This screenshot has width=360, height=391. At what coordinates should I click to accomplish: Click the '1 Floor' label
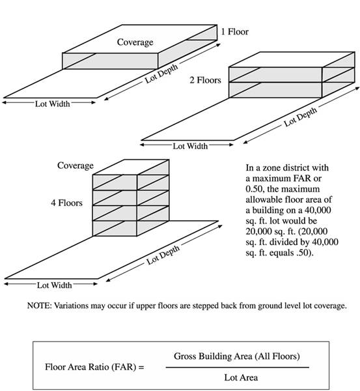(235, 32)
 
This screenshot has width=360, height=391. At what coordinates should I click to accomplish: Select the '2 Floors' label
(205, 80)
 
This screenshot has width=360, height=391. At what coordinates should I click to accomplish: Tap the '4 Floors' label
(66, 203)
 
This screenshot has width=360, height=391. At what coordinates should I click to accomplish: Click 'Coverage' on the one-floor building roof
(135, 42)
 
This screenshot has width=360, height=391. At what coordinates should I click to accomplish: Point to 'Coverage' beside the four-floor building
(76, 166)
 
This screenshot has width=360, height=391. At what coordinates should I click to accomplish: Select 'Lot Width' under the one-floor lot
(52, 104)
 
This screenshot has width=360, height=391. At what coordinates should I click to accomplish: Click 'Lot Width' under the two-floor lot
(190, 146)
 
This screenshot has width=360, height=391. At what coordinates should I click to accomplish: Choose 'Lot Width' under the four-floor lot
(54, 285)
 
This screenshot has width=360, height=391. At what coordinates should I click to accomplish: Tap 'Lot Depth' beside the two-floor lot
(301, 117)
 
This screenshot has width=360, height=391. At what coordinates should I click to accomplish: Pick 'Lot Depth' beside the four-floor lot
(163, 255)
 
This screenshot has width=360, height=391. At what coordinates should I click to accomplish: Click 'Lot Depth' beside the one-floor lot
(161, 74)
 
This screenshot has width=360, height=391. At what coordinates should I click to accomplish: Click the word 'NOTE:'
(39, 306)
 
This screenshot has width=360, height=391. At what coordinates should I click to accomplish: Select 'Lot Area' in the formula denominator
(241, 377)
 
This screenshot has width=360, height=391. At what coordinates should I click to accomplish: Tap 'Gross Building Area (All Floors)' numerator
(237, 356)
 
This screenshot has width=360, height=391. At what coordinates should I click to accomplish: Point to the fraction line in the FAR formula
(238, 368)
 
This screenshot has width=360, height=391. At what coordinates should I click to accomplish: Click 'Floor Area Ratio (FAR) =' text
(94, 367)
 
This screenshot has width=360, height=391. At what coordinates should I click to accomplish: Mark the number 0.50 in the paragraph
(255, 189)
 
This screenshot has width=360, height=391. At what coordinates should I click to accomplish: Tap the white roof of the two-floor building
(292, 59)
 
